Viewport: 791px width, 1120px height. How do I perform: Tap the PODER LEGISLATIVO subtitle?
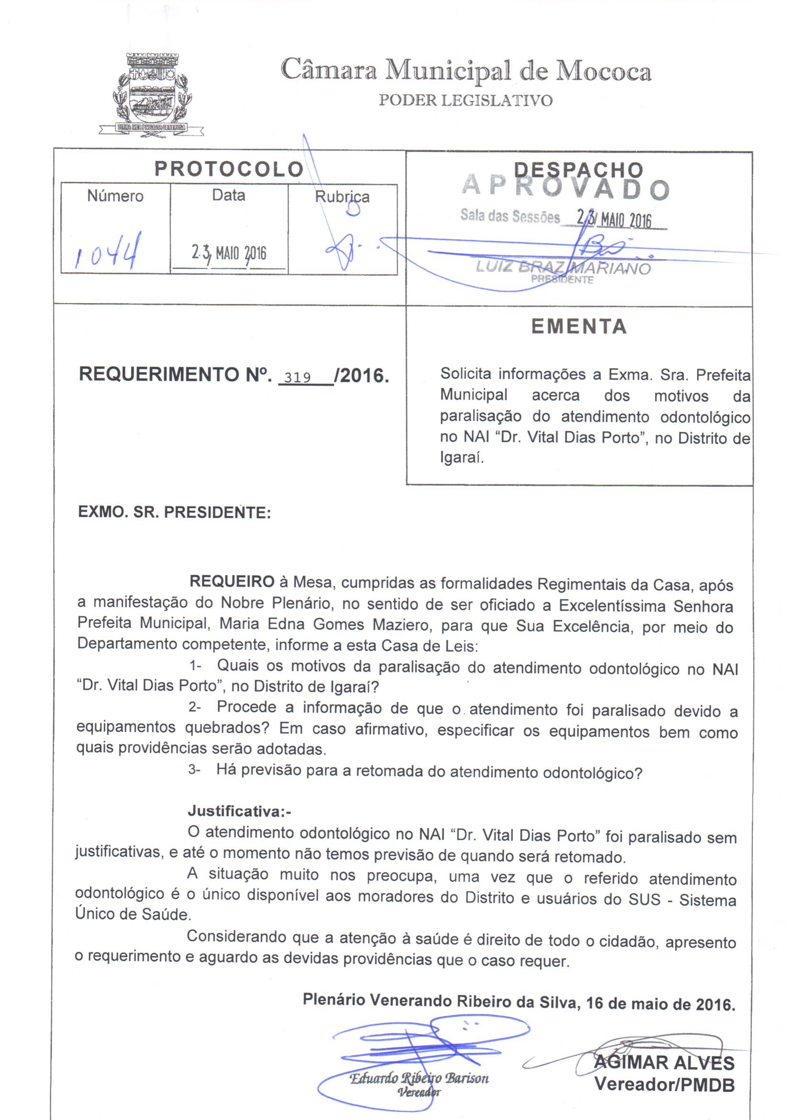466,101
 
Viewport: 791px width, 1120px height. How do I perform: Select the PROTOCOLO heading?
229,169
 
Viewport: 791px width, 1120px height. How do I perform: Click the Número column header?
115,196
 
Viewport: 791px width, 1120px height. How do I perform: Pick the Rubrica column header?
342,196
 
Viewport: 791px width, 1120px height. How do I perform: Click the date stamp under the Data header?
229,252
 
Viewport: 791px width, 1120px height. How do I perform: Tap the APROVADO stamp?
565,188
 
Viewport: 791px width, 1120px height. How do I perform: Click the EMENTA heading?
579,326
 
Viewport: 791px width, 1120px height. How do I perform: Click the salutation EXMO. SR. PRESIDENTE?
175,513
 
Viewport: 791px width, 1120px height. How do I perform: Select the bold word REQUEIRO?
232,582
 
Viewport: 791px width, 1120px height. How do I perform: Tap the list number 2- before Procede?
195,708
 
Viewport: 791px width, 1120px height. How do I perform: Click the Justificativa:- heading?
239,811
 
